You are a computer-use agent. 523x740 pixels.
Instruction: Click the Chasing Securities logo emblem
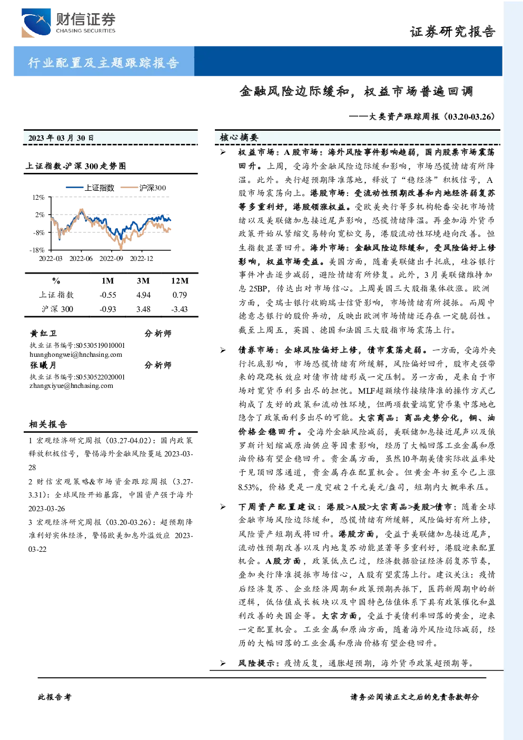[x=36, y=23]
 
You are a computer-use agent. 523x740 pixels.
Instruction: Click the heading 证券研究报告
[x=452, y=32]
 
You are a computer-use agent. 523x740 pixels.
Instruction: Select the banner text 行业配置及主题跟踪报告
[x=104, y=62]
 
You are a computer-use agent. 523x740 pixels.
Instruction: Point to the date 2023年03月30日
[x=61, y=138]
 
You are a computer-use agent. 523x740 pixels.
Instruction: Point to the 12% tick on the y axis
[x=38, y=197]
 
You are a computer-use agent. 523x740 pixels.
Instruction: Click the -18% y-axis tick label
[x=37, y=250]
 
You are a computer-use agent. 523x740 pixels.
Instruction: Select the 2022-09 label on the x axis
[x=111, y=258]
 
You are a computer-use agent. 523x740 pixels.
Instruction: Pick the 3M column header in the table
[x=143, y=281]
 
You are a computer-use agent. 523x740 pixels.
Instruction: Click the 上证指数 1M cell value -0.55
[x=108, y=295]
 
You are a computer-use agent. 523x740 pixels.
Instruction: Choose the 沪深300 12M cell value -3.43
[x=179, y=309]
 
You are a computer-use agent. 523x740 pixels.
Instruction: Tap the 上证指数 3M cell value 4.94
[x=143, y=295]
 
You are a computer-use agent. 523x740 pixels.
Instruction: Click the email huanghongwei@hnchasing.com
[x=76, y=355]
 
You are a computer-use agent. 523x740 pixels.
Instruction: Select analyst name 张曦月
[x=43, y=365]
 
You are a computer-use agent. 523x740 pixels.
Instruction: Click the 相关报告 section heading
[x=48, y=424]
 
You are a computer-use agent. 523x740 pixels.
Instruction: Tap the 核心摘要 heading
[x=239, y=138]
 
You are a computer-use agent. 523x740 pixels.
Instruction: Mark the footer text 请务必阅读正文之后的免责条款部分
[x=415, y=697]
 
